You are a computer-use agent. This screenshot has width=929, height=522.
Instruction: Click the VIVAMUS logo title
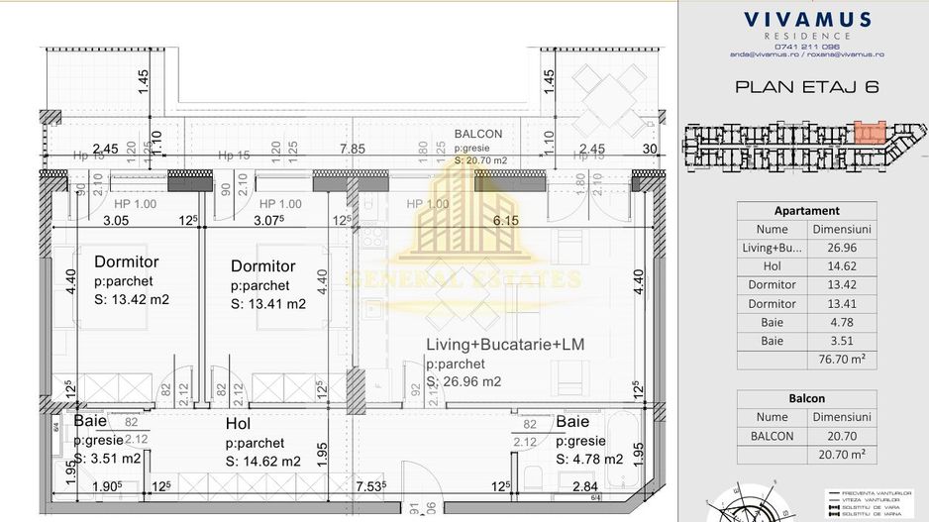click(x=807, y=19)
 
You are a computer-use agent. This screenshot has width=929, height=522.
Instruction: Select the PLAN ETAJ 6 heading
click(x=807, y=86)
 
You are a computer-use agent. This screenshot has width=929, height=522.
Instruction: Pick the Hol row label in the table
click(x=772, y=266)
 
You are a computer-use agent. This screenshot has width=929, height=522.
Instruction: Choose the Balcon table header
click(x=806, y=398)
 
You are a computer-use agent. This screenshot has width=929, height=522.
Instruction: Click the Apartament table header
click(x=806, y=210)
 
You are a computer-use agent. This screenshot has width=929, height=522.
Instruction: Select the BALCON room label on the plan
click(x=478, y=134)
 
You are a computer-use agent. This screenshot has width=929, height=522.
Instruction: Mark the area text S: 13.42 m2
click(x=134, y=299)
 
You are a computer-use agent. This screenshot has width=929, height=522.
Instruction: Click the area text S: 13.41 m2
click(x=268, y=304)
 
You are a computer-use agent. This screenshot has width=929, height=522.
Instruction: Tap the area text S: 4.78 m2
click(x=588, y=459)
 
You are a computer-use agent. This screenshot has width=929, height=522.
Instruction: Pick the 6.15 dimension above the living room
click(x=506, y=221)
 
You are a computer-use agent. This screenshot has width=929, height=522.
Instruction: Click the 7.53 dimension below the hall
click(x=368, y=486)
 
